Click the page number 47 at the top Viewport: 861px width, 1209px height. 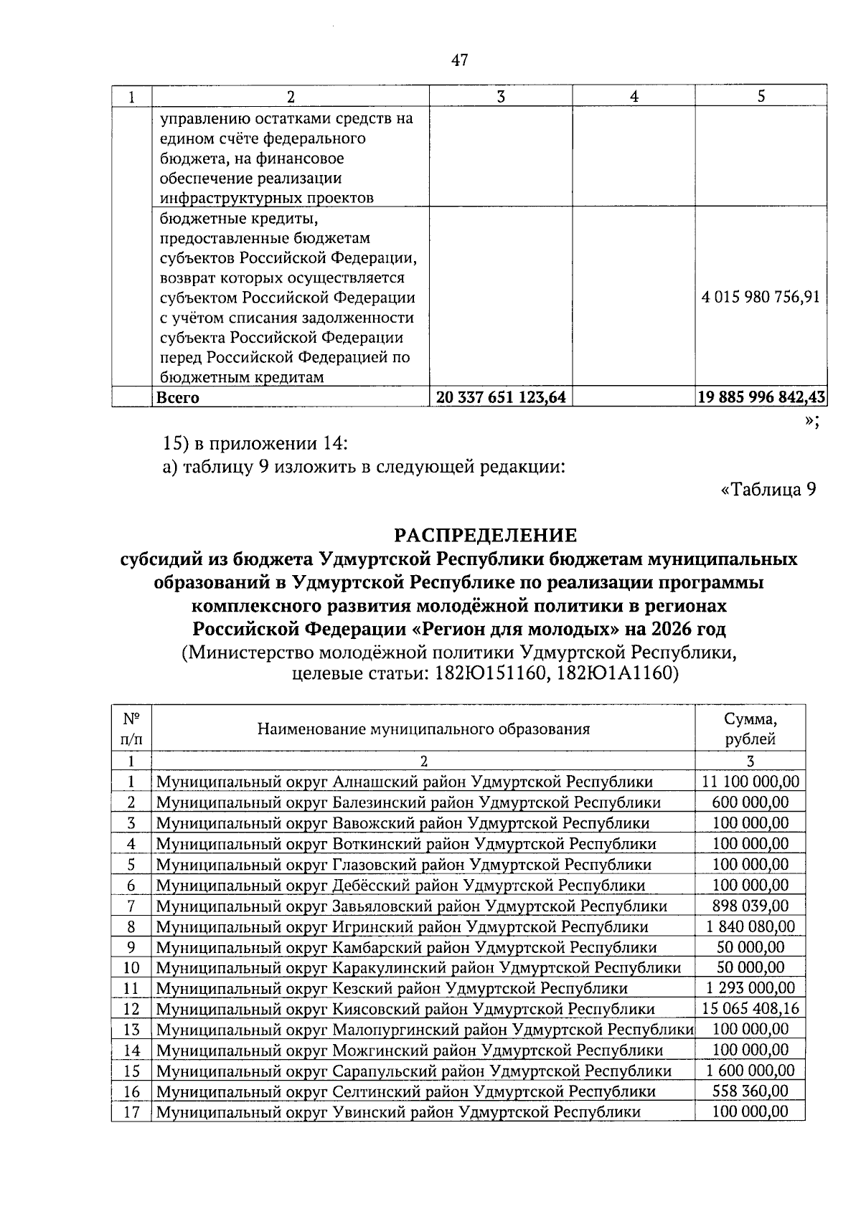(459, 60)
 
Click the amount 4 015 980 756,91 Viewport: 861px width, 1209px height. (760, 297)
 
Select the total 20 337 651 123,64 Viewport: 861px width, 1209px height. (500, 397)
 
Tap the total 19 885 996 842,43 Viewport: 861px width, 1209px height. (761, 397)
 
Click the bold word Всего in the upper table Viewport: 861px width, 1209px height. (178, 397)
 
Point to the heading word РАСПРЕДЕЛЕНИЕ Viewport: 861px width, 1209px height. (486, 535)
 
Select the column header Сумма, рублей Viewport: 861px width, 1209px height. (750, 729)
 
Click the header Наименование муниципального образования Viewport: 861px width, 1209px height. (423, 729)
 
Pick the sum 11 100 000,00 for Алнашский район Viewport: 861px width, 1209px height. (751, 782)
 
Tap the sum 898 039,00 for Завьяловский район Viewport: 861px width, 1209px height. (751, 906)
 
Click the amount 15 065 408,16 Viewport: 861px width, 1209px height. (751, 1009)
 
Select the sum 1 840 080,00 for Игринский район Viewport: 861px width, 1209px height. (751, 926)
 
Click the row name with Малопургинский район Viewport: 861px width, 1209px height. (424, 1030)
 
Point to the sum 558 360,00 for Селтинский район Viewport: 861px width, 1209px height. (751, 1091)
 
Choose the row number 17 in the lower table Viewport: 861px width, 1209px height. (131, 1112)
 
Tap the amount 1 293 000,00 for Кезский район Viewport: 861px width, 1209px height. (751, 988)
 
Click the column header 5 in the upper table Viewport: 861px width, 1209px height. (761, 97)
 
